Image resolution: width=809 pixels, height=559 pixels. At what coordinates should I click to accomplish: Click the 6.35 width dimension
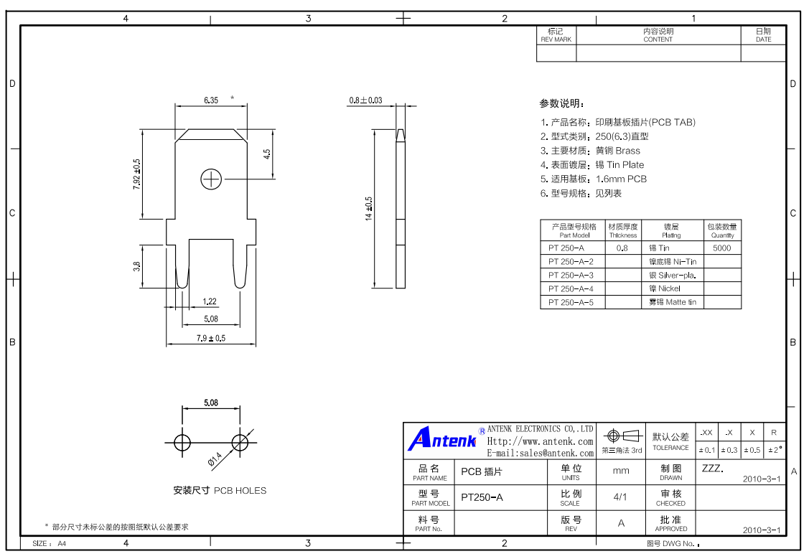point(210,100)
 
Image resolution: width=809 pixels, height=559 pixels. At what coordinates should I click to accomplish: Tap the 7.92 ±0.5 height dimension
point(136,174)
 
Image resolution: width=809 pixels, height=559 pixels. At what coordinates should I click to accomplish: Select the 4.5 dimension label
point(267,154)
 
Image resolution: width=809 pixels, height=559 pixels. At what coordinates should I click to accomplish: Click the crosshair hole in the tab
point(211,179)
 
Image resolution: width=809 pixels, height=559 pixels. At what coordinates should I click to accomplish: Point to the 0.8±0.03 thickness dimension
point(365,100)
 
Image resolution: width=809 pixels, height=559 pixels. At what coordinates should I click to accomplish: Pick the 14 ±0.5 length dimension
point(368,209)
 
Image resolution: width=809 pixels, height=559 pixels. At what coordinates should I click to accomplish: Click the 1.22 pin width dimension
point(210,301)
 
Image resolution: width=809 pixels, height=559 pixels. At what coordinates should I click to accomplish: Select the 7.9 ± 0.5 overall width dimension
point(210,338)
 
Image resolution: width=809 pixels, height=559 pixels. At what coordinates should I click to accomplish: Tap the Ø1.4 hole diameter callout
point(215,459)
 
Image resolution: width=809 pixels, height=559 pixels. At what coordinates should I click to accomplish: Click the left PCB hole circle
point(182,443)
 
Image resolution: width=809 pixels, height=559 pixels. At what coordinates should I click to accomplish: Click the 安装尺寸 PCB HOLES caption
point(220,490)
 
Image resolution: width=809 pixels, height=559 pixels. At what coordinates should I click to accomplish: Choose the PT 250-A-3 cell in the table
point(571,276)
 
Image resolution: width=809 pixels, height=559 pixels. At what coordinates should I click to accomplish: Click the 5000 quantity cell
point(722,248)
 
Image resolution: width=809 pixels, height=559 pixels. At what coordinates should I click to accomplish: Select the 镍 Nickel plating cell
point(665,288)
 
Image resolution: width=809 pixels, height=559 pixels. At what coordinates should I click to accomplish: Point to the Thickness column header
point(623,230)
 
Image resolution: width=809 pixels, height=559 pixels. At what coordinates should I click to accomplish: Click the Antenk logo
point(442,439)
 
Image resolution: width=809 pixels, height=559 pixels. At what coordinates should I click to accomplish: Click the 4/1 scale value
point(620,497)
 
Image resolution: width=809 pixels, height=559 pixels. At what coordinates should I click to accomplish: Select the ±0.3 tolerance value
point(729,450)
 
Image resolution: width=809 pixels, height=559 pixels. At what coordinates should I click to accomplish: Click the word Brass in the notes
point(628,151)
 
